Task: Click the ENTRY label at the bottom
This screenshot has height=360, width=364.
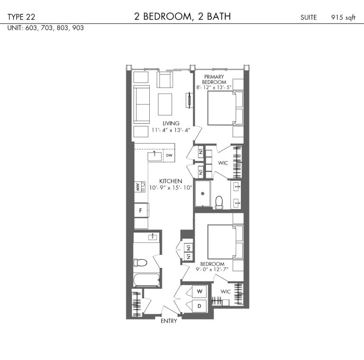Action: pos(169,321)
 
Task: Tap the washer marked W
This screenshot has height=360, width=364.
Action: pos(200,291)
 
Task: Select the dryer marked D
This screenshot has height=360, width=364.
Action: pos(200,306)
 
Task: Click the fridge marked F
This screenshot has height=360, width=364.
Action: pos(141,211)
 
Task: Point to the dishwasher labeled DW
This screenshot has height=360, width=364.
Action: pos(169,155)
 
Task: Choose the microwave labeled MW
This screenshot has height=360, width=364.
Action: pos(140,187)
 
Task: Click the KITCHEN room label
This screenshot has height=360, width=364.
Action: pos(171,181)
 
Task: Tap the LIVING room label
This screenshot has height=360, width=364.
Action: pos(171,123)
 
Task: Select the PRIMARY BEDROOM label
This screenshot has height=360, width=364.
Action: pos(214,79)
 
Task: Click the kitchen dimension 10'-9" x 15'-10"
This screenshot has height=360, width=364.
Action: pos(171,188)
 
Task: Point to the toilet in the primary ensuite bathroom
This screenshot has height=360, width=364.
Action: pos(219,203)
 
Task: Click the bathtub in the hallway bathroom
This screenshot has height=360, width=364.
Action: pos(146,280)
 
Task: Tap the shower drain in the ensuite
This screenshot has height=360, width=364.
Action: pos(203,194)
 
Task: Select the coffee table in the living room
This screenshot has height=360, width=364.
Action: pos(165,104)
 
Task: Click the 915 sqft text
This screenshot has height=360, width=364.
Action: pos(343,18)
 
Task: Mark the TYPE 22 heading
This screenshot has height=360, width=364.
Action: pos(21,17)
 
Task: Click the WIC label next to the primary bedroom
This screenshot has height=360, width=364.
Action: pos(223,163)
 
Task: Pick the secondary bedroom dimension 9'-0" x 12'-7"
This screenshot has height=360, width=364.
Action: pos(212,269)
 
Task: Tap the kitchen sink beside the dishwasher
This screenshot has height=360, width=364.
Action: pos(155,157)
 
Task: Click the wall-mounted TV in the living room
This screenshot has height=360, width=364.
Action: pos(190,100)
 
